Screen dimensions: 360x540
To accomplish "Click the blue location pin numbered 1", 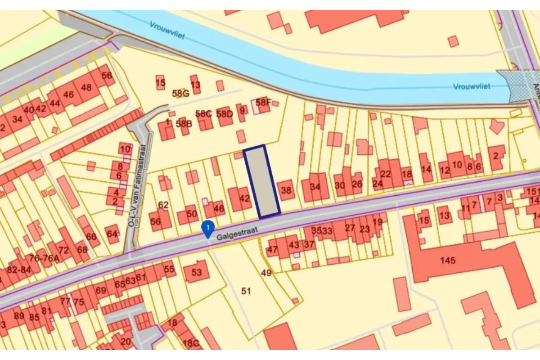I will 207,229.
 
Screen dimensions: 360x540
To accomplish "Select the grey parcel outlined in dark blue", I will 262,181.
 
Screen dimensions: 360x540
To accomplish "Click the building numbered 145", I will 448,261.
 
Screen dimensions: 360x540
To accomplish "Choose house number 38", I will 286,190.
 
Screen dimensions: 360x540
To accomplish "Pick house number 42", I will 244,198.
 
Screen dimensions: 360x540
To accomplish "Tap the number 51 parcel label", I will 246,291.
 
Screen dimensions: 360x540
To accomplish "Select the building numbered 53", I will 197,272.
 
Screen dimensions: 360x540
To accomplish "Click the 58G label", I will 180,94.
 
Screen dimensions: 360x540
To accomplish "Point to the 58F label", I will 263,102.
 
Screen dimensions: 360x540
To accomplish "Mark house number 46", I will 219,209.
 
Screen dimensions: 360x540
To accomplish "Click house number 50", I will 192,214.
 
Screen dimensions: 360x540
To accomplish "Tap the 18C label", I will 191,343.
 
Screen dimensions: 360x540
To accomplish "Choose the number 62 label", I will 163,205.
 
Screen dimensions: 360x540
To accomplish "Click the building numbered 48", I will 85,87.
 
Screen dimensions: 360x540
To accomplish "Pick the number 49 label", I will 266,272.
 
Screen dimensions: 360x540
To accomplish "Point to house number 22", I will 386,174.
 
